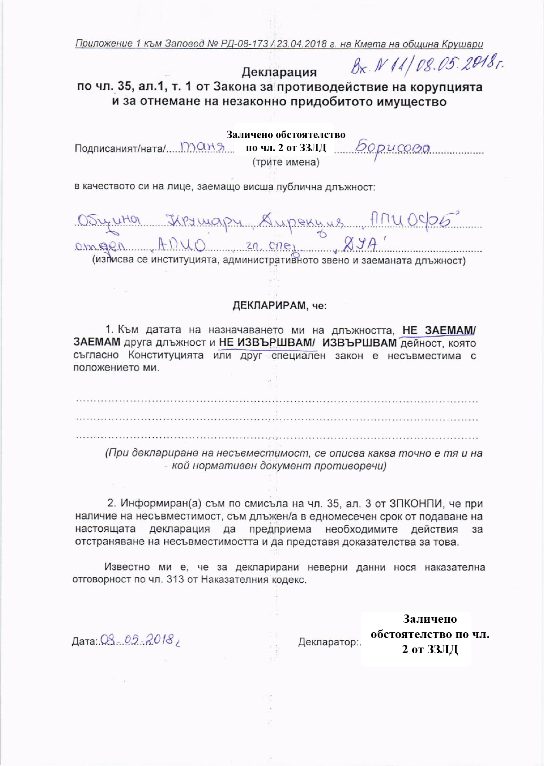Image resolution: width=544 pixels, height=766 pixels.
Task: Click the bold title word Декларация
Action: click(279, 72)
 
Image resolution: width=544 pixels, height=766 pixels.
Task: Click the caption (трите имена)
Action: click(286, 162)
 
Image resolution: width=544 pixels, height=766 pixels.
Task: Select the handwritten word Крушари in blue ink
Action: click(203, 222)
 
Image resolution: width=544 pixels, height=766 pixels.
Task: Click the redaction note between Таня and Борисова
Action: click(286, 141)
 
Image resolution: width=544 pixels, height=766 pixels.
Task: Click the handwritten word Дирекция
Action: click(301, 222)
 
